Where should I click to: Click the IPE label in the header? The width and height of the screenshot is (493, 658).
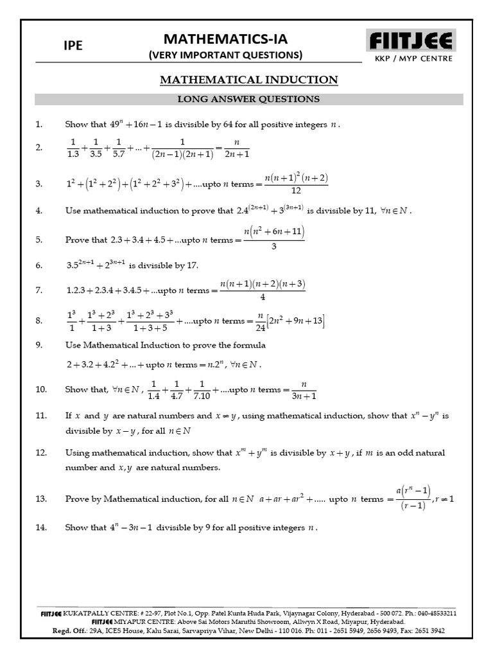pyautogui.click(x=73, y=46)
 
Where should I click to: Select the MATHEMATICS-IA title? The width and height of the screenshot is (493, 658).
pyautogui.click(x=225, y=39)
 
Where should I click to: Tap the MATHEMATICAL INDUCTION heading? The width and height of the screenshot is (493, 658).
pyautogui.click(x=248, y=80)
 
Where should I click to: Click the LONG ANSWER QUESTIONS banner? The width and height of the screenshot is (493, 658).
pyautogui.click(x=248, y=99)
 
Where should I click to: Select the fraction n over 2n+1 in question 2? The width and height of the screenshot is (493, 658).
pyautogui.click(x=237, y=147)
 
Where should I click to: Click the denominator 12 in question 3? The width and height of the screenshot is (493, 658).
pyautogui.click(x=296, y=191)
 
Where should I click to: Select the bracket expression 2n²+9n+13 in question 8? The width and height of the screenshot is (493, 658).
pyautogui.click(x=295, y=321)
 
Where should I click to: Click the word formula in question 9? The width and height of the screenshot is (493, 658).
pyautogui.click(x=252, y=345)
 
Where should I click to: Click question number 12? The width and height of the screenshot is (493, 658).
pyautogui.click(x=41, y=453)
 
